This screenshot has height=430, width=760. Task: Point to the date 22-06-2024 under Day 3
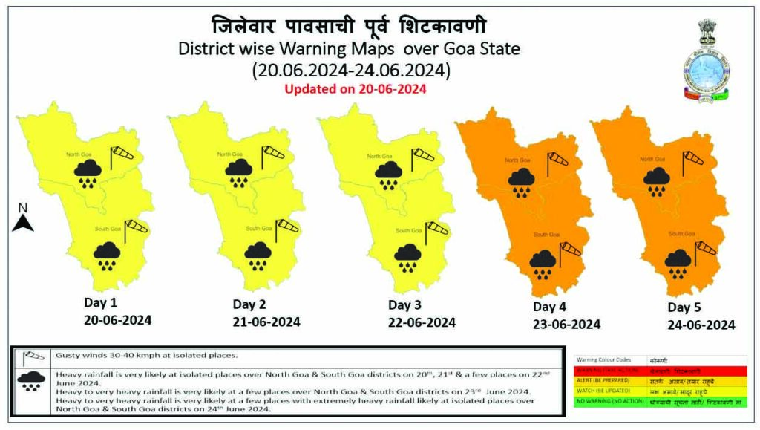422,322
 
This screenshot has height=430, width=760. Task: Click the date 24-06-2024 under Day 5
701,325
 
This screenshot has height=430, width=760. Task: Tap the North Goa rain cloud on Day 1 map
88,176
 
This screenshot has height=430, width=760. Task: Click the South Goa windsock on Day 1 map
135,229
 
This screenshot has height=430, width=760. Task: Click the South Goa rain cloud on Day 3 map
408,257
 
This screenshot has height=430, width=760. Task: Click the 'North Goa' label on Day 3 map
379,156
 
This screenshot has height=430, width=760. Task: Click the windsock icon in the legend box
31,356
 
